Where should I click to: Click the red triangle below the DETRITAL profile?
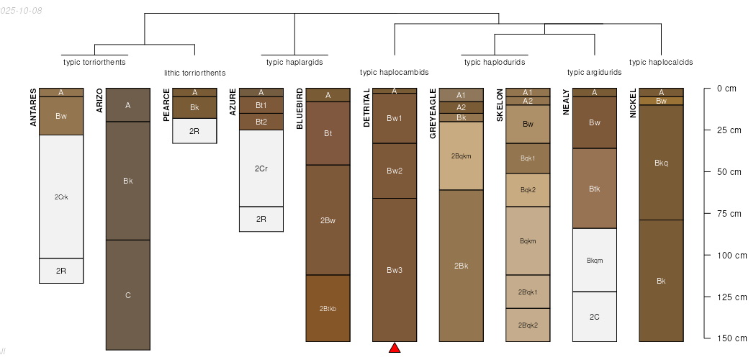(x=395, y=348)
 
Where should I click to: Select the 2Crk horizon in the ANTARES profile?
(x=61, y=197)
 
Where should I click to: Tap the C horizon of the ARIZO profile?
(x=128, y=295)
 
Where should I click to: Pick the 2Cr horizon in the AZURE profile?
(x=261, y=168)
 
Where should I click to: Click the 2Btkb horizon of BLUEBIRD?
(x=328, y=308)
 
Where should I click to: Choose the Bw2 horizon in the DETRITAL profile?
(x=395, y=171)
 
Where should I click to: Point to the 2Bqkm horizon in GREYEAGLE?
(x=462, y=156)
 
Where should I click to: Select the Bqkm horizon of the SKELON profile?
(x=528, y=241)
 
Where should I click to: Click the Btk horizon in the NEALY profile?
(x=595, y=189)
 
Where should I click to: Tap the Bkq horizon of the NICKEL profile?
(x=661, y=163)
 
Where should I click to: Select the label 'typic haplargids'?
(x=294, y=62)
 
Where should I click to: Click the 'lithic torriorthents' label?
(x=194, y=73)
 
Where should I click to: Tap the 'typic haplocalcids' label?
(x=661, y=62)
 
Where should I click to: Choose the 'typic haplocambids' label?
(x=395, y=72)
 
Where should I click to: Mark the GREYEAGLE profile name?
(x=433, y=114)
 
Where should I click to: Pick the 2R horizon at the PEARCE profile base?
(x=194, y=131)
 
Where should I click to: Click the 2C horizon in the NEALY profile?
(x=595, y=317)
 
